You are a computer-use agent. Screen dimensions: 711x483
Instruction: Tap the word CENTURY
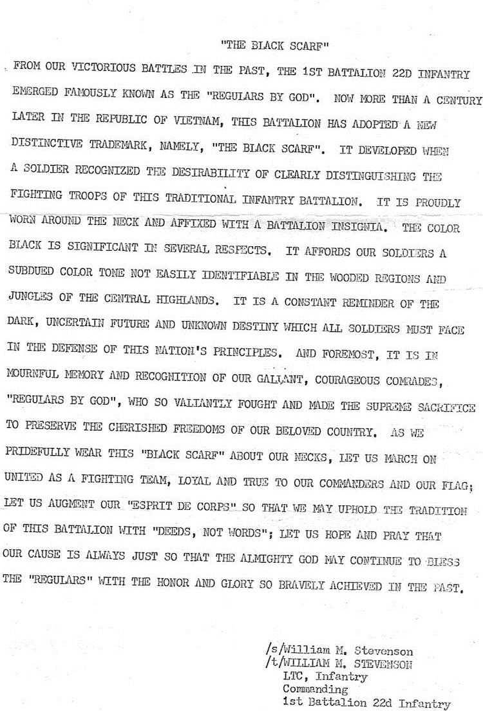tap(456, 101)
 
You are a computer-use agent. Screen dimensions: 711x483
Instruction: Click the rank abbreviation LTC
tap(294, 677)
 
